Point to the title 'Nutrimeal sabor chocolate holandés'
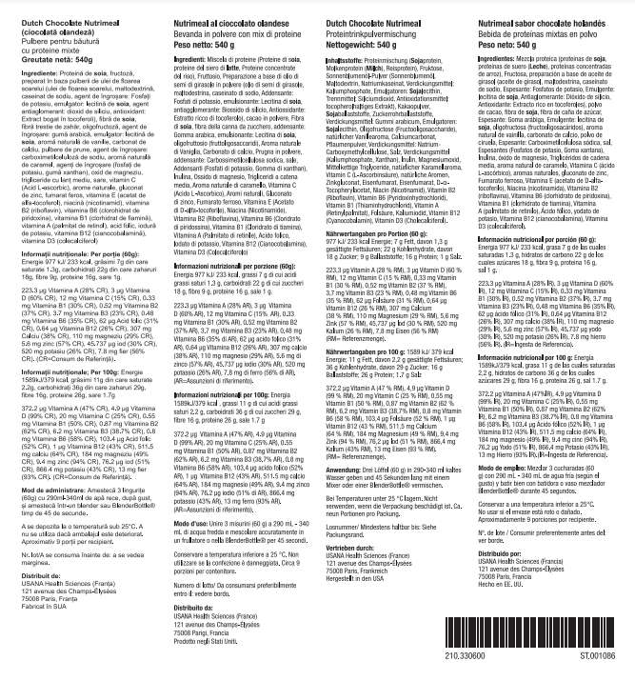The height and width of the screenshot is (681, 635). pos(545,20)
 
